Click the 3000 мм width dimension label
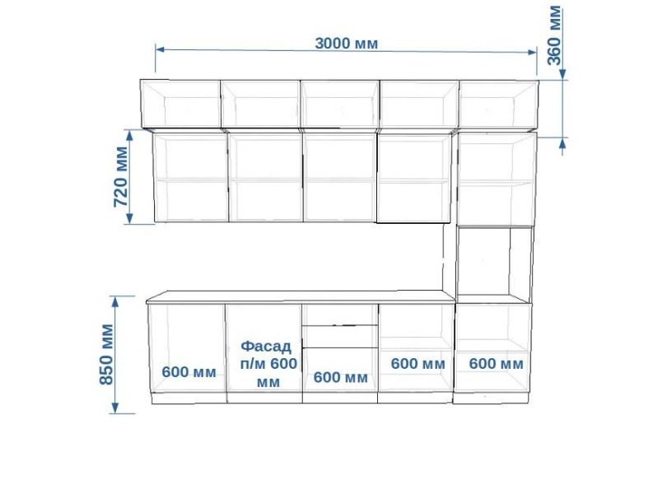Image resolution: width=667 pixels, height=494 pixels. pyautogui.click(x=346, y=44)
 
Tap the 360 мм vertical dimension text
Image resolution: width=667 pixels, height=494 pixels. pyautogui.click(x=554, y=35)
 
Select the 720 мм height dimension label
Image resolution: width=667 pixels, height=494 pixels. pyautogui.click(x=121, y=176)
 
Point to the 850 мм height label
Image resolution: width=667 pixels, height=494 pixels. pyautogui.click(x=106, y=354)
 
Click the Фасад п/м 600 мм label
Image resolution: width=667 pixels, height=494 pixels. pyautogui.click(x=268, y=364)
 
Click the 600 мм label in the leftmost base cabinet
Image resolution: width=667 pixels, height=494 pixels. pyautogui.click(x=189, y=372)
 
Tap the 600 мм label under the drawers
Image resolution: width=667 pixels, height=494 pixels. pyautogui.click(x=341, y=377)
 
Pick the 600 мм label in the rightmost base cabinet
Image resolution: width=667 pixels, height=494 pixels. pyautogui.click(x=496, y=364)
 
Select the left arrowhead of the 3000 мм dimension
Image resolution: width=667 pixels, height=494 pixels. pyautogui.click(x=160, y=49)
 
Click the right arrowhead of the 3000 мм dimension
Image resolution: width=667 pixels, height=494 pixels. pyautogui.click(x=532, y=52)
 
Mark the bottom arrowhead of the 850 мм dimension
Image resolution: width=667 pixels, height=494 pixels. pyautogui.click(x=114, y=408)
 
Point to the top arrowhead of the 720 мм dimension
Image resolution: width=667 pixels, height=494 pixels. pyautogui.click(x=130, y=135)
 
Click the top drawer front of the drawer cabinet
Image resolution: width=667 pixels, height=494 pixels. pyautogui.click(x=340, y=315)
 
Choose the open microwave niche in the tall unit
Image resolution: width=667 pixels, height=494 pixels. pyautogui.click(x=484, y=260)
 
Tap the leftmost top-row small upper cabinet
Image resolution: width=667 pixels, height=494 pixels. pyautogui.click(x=181, y=105)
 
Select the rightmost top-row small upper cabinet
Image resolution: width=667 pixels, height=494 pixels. pyautogui.click(x=498, y=105)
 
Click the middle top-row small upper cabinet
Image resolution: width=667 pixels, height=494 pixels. pyautogui.click(x=340, y=105)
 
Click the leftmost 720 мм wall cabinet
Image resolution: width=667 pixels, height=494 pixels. pyautogui.click(x=191, y=178)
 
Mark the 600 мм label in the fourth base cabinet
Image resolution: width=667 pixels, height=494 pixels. pyautogui.click(x=418, y=364)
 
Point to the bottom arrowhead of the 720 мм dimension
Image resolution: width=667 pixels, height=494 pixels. pyautogui.click(x=130, y=218)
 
